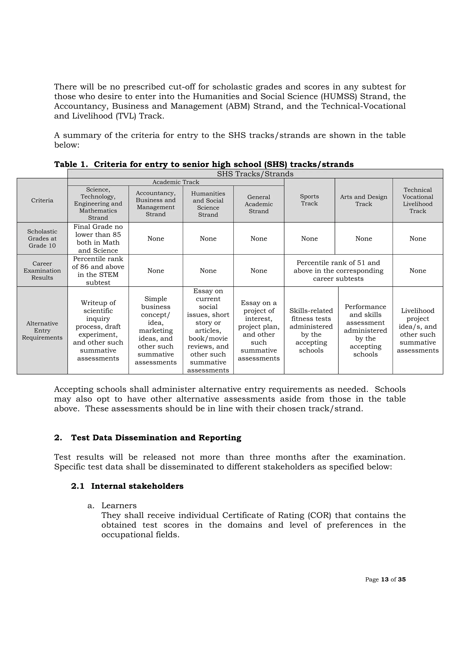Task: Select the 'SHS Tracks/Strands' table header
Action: click(255, 174)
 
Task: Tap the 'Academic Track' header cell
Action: click(176, 182)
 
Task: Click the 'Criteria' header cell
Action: click(42, 200)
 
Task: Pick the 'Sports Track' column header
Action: click(309, 200)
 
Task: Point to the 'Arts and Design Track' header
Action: click(363, 200)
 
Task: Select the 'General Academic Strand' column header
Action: click(259, 204)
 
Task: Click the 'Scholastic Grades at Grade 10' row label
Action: click(42, 238)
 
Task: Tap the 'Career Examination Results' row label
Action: click(42, 270)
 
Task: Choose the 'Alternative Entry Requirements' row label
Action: click(42, 330)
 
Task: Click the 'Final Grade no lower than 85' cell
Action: click(98, 238)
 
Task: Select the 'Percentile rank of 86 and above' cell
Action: click(98, 270)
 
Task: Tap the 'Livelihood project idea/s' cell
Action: click(418, 330)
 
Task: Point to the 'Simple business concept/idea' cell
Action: click(156, 330)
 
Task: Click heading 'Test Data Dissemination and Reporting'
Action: click(156, 438)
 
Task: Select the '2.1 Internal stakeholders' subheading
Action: click(127, 486)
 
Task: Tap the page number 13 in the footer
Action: click(385, 579)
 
